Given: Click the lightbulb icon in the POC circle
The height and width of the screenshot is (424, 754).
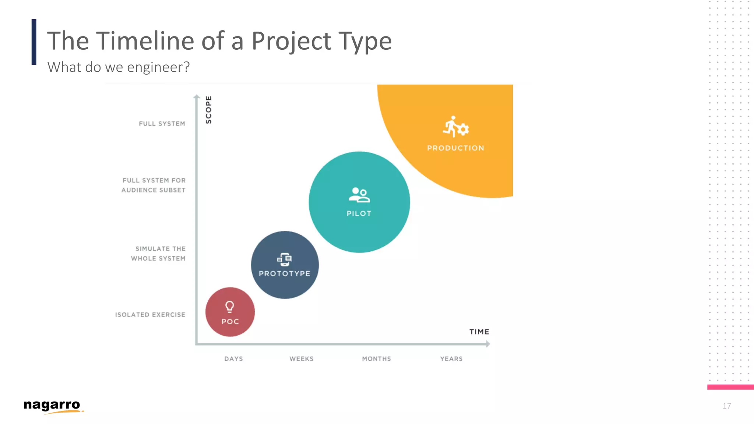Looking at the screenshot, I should point(229,307).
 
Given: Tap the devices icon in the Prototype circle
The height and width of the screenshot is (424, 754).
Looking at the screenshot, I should point(284,259).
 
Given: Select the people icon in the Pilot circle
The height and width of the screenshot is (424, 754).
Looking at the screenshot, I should point(359,195).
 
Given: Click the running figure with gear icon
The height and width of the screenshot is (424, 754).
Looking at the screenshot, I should point(456,127).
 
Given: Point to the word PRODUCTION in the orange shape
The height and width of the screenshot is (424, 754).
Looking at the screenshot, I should point(455,148).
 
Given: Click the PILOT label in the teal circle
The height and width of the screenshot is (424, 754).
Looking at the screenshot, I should point(359,213).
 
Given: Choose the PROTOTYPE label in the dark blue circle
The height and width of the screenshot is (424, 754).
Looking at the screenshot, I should point(285,273).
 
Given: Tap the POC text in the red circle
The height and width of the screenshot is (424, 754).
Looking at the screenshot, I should point(230,321).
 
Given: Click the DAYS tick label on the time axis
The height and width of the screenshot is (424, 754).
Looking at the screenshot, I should point(233,359).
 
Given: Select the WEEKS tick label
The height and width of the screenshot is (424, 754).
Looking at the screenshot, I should point(301,359).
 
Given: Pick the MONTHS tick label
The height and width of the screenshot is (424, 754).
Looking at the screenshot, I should point(376,359).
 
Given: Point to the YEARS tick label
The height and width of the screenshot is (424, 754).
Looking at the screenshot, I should point(451,359).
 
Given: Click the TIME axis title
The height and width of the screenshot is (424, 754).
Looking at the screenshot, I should point(479,332).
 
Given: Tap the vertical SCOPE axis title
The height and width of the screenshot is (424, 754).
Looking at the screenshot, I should point(208,110).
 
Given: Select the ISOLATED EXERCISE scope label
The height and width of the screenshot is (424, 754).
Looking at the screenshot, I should point(150,315).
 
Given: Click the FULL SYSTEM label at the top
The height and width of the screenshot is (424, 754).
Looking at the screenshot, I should point(162,124).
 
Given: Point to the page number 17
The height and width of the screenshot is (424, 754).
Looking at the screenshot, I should point(726,406).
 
